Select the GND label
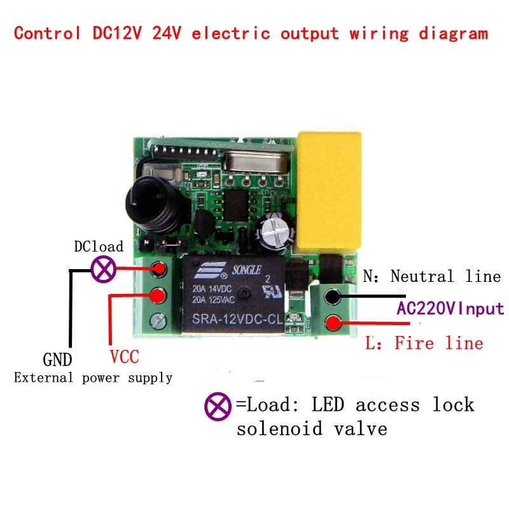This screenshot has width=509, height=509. pyautogui.click(x=57, y=359)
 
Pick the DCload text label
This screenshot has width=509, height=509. pyautogui.click(x=99, y=246)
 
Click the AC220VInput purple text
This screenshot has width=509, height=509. pyautogui.click(x=450, y=309)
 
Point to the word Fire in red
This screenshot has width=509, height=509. pyautogui.click(x=414, y=344)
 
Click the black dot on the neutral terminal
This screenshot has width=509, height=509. pyautogui.click(x=331, y=296)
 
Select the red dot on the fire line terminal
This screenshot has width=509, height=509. pyautogui.click(x=331, y=323)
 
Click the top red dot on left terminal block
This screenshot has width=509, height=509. pyautogui.click(x=158, y=270)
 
